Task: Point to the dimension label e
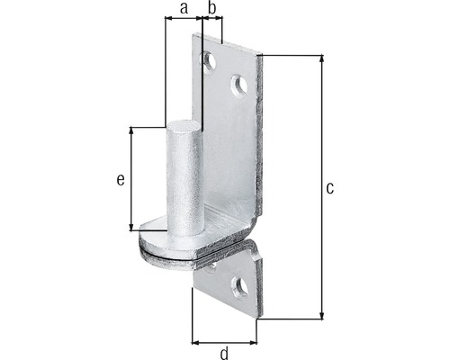pyautogui.click(x=120, y=179)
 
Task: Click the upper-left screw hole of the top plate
pyautogui.click(x=209, y=61)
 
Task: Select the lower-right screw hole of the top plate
pyautogui.click(x=238, y=85)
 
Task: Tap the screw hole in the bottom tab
pyautogui.click(x=238, y=288)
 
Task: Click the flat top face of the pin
pyautogui.click(x=184, y=122)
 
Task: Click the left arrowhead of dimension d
pyautogui.click(x=195, y=341)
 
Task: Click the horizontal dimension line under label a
pyautogui.click(x=184, y=20)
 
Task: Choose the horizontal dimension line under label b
pyautogui.click(x=212, y=20)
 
